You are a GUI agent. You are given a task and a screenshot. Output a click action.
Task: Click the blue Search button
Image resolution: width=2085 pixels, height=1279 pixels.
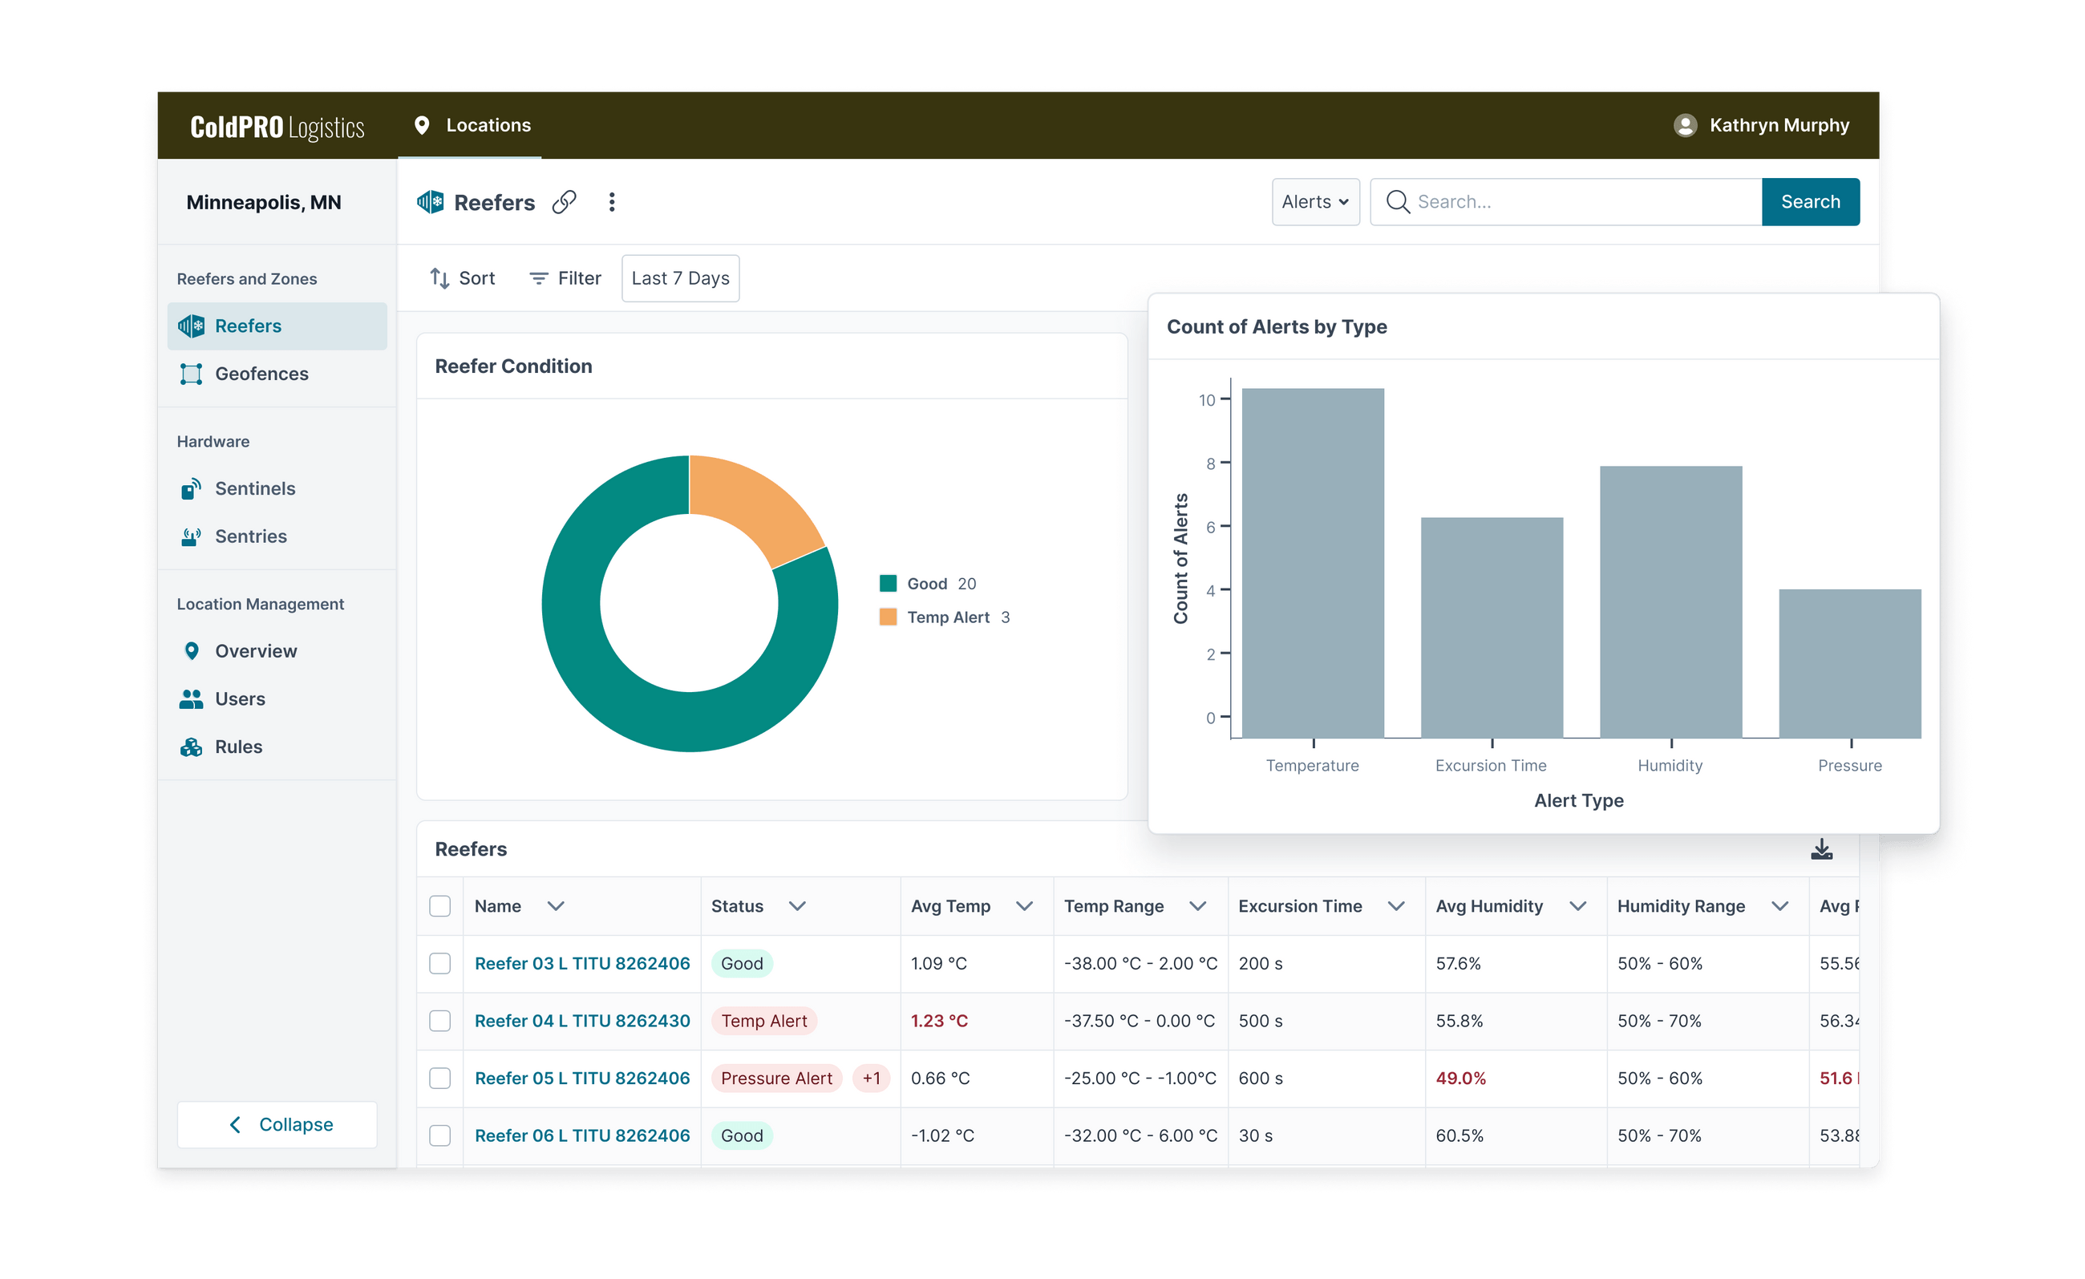[1809, 201]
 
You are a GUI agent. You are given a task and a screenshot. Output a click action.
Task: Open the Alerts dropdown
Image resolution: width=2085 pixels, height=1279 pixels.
[1314, 201]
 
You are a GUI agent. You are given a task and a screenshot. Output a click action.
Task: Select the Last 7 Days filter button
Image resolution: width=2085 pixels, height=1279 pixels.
[679, 278]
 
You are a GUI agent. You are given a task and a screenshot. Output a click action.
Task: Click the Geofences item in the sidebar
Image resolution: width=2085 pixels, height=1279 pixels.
[261, 374]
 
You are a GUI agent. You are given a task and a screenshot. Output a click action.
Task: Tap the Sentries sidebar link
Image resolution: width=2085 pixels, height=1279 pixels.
[250, 536]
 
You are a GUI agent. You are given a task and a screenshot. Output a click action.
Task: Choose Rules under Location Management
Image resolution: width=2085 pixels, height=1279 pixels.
[238, 747]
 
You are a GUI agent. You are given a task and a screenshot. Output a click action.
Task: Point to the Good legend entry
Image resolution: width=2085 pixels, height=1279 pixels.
[926, 584]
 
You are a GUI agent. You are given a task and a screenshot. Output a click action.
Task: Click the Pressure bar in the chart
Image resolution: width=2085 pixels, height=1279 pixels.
[1849, 663]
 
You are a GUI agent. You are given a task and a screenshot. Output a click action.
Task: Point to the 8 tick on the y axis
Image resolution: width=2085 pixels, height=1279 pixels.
[1210, 463]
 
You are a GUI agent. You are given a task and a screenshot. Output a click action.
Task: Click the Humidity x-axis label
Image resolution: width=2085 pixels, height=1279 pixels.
[1669, 766]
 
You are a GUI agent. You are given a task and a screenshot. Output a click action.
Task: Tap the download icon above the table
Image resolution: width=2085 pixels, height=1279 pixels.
[1821, 849]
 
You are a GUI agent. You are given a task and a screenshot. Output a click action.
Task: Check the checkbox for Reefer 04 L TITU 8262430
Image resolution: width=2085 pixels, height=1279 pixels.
[440, 1021]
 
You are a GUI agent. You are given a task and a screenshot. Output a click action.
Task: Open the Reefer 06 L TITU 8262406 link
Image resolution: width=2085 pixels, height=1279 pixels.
[582, 1135]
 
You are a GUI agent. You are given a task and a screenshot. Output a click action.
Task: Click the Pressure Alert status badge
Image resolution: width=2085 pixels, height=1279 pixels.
[776, 1079]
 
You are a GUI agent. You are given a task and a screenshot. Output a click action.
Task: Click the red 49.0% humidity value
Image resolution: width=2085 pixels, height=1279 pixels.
[1459, 1079]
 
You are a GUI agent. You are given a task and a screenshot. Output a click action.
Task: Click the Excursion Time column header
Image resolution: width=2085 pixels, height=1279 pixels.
[1300, 906]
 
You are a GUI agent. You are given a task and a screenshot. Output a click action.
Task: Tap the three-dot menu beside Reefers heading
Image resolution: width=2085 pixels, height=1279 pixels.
[612, 202]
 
